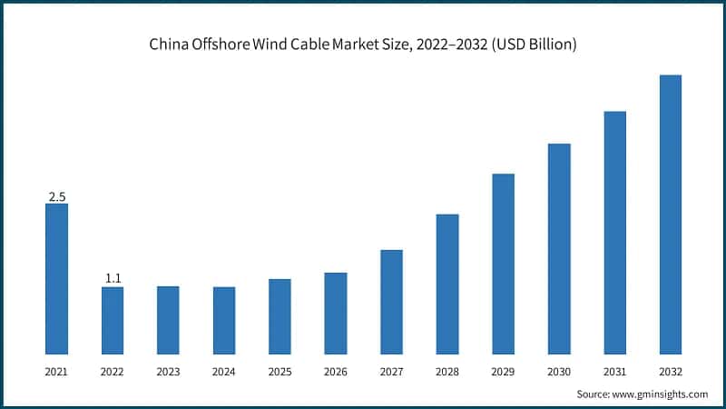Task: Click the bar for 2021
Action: click(x=56, y=278)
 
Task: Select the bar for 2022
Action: click(x=113, y=320)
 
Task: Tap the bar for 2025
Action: click(x=280, y=316)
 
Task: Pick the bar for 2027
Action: click(x=391, y=302)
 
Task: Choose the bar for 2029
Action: click(x=503, y=264)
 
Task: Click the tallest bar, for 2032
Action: click(x=670, y=214)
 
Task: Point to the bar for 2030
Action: click(x=559, y=248)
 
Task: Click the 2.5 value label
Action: click(x=56, y=196)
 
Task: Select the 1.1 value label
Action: click(x=113, y=279)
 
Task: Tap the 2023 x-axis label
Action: click(x=168, y=372)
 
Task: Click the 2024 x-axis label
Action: click(x=224, y=372)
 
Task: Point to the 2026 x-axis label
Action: click(x=336, y=372)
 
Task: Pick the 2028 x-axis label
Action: click(x=447, y=372)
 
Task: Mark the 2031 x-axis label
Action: click(x=614, y=372)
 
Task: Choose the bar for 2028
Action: click(x=447, y=284)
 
